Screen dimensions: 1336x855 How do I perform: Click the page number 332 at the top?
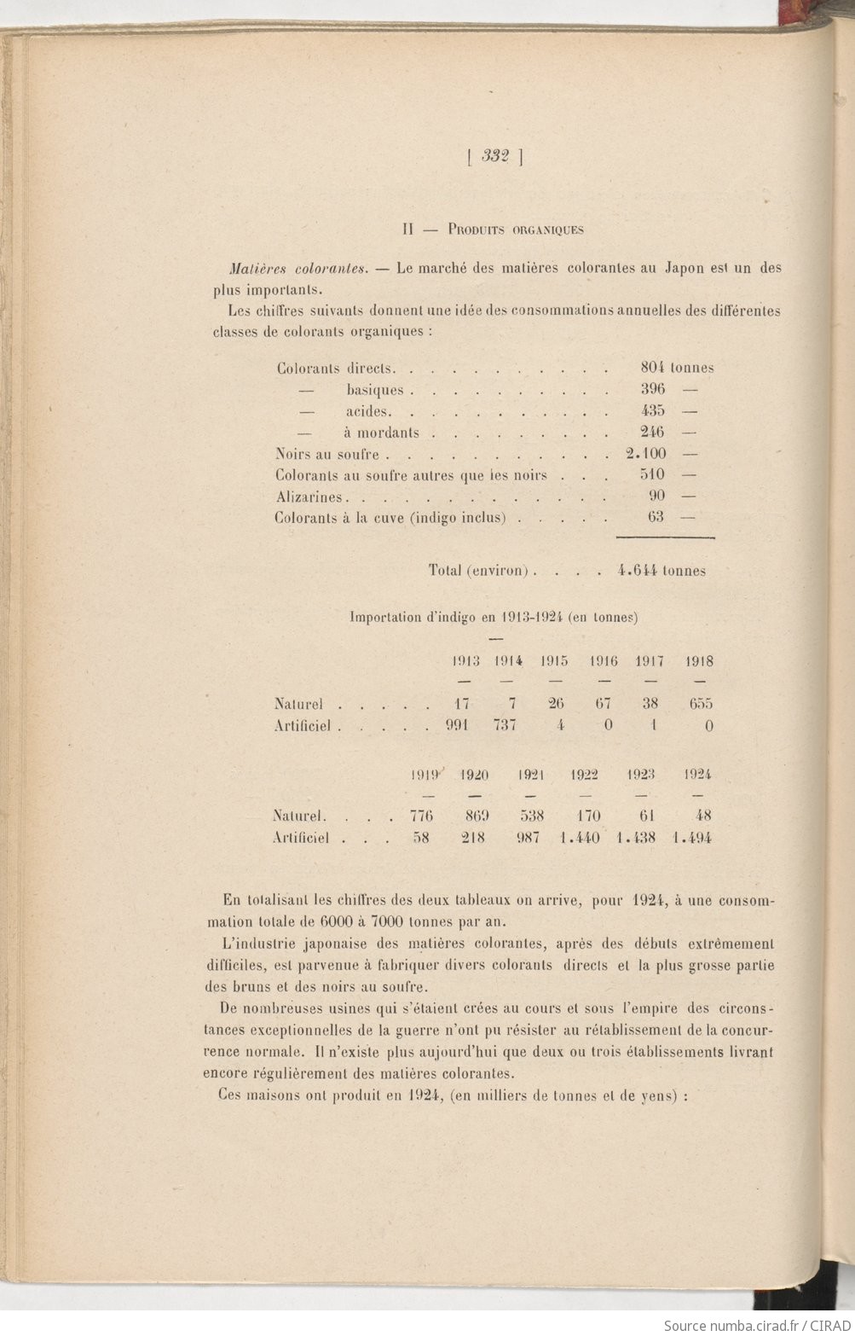pos(494,156)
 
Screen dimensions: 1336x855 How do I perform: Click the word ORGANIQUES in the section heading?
pos(547,229)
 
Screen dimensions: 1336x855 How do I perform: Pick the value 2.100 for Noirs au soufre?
pos(646,453)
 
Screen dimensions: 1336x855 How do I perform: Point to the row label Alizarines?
pos(309,497)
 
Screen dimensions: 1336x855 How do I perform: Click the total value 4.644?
pos(635,571)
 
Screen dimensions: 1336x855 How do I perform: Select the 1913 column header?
pos(465,660)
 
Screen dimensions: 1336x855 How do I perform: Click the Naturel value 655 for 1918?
pos(700,704)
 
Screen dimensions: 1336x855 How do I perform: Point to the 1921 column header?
pos(531,775)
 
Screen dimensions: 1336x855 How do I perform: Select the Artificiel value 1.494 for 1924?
pos(691,838)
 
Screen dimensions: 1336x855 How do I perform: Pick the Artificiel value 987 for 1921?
pos(529,838)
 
